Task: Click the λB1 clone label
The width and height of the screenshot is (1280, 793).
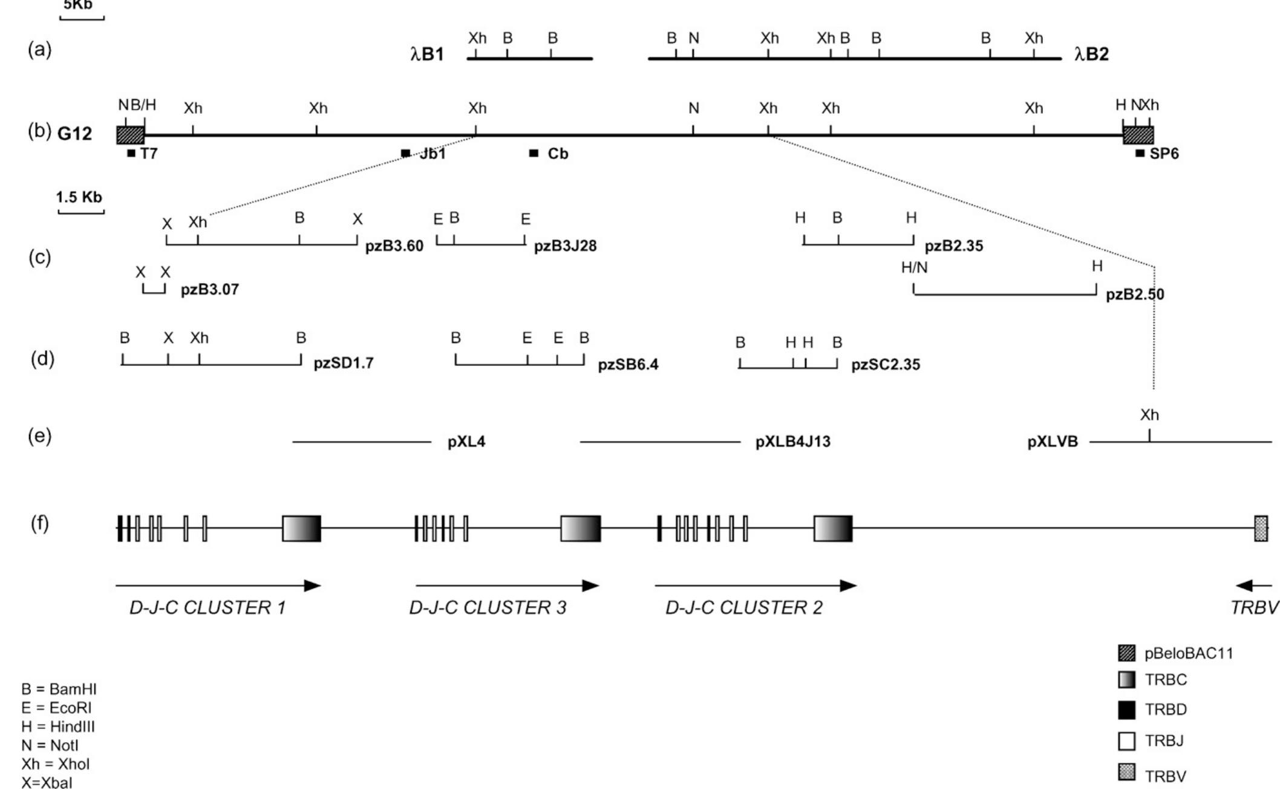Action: coord(428,55)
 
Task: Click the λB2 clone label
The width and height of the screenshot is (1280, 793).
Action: coord(1092,55)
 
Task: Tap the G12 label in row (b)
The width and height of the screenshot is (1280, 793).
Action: coord(75,134)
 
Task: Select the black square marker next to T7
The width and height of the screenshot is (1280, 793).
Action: coord(131,154)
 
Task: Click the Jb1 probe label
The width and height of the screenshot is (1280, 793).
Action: coord(432,154)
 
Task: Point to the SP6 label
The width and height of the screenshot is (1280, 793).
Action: coord(1164,154)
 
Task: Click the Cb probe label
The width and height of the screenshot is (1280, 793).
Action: coord(558,154)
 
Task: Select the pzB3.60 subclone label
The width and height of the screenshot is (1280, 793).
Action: coord(394,246)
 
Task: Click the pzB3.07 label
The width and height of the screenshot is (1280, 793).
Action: coord(210,290)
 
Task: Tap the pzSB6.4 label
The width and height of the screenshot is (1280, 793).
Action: coord(628,365)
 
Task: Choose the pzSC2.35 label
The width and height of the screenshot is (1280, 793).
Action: coord(886,365)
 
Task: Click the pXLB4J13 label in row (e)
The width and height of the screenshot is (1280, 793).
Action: coord(793,442)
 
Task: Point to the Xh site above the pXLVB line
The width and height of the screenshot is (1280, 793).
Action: coord(1149,416)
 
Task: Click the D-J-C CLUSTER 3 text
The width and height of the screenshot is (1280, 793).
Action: coord(488,608)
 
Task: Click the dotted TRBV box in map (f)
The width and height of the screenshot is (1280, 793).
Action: coord(1261,528)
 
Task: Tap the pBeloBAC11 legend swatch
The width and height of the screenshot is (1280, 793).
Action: coord(1126,653)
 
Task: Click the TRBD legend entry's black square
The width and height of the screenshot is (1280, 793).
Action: coord(1126,710)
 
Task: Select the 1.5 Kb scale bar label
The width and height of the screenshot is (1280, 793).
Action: coord(79,197)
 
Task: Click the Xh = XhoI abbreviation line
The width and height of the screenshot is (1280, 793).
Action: coord(55,764)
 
